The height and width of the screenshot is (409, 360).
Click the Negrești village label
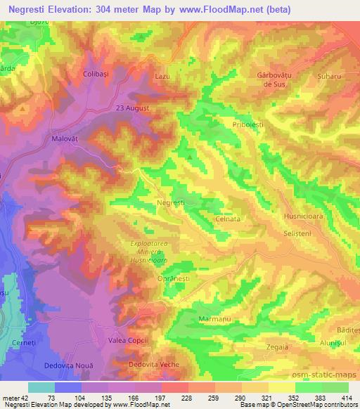(x=171, y=202)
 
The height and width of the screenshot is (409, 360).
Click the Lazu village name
(x=162, y=73)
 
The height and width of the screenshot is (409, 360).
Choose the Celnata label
(x=228, y=219)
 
